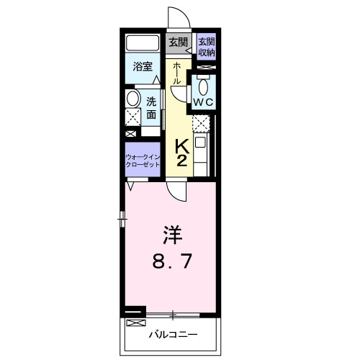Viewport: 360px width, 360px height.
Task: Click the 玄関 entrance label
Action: (x=177, y=42)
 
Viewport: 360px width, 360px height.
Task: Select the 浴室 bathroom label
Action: (x=143, y=67)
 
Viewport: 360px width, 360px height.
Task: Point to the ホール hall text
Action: (x=177, y=73)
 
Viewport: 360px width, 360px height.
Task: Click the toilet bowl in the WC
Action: (x=204, y=87)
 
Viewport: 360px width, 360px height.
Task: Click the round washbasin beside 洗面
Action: (x=132, y=99)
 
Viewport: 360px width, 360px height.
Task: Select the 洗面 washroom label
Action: (x=152, y=108)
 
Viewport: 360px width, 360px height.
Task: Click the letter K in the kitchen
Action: (x=181, y=145)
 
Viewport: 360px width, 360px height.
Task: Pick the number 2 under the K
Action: (x=181, y=161)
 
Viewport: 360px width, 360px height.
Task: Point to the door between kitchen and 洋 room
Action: (x=176, y=189)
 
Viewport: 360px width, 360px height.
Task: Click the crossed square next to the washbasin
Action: (x=131, y=119)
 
